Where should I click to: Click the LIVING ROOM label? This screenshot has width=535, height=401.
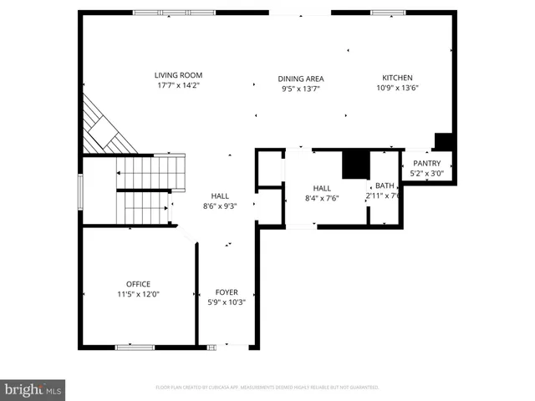[179, 75]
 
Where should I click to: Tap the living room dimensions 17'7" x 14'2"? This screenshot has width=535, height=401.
[179, 85]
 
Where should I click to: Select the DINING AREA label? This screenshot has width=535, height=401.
[301, 79]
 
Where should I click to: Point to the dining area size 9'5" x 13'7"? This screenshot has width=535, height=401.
[301, 89]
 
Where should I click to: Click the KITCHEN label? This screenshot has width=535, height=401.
[397, 78]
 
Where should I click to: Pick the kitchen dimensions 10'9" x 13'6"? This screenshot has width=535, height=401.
[397, 88]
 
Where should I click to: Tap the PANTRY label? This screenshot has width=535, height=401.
[426, 163]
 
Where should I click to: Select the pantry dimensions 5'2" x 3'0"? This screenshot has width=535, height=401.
[426, 174]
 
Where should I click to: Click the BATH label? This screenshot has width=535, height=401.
[385, 185]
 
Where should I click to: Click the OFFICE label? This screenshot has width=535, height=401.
[138, 283]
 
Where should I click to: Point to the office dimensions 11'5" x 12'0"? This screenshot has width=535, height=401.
[138, 294]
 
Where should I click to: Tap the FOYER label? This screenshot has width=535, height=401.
[227, 292]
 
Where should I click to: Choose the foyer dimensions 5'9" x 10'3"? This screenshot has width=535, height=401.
[227, 302]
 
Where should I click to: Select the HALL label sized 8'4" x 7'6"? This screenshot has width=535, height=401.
[323, 188]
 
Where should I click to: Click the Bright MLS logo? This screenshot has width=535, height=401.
[33, 389]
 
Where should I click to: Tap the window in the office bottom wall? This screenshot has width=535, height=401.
[135, 347]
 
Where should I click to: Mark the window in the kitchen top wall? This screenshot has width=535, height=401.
[388, 12]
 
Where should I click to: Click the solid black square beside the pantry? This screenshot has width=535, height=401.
[443, 141]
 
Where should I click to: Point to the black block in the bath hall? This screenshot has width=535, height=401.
[357, 164]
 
